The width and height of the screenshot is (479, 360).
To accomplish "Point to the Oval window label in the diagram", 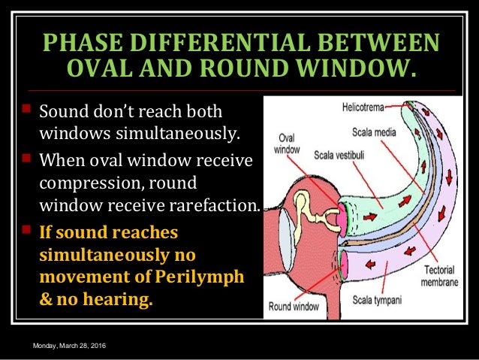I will (287, 143).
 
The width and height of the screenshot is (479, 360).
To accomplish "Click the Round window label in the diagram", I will (294, 307).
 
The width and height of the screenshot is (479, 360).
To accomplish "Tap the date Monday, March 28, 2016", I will (69, 344).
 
